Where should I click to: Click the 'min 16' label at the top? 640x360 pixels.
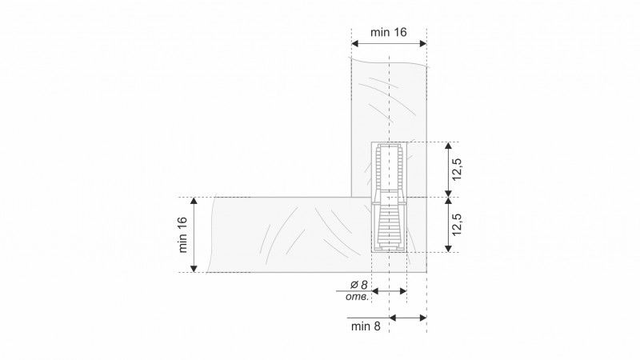click(389, 32)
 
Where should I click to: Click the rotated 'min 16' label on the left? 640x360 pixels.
click(182, 234)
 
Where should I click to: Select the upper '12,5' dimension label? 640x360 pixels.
click(456, 169)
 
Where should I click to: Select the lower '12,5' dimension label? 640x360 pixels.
click(456, 224)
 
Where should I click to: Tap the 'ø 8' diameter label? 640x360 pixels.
click(358, 285)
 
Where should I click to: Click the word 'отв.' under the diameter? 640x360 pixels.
click(357, 297)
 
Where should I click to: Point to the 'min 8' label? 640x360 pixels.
click(366, 326)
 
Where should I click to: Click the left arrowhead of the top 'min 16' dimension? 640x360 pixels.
click(355, 43)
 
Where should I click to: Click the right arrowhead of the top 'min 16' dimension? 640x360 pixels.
click(423, 43)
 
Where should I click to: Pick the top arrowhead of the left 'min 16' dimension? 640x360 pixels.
click(194, 201)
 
